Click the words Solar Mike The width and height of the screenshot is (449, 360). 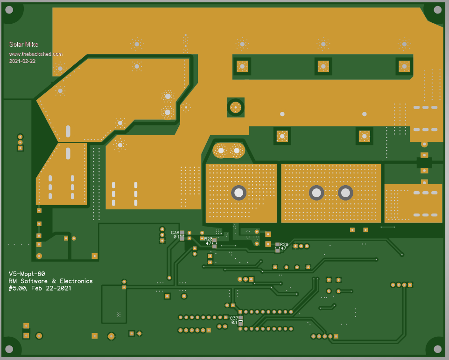pos(24,44)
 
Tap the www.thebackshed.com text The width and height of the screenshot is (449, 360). pos(35,54)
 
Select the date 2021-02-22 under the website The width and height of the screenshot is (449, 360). pos(22,61)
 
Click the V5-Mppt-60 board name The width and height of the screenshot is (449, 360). pos(27,274)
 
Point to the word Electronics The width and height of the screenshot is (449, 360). pos(75,281)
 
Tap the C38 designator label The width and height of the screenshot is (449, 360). pos(175,232)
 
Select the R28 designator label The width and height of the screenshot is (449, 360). pos(208,239)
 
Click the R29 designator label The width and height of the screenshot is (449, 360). pos(284,244)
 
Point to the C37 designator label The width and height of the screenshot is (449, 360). pos(234,318)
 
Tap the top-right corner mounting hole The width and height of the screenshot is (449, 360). pos(437,10)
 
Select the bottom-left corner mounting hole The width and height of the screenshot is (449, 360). pos(10,349)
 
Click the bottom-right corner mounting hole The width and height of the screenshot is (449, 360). pos(437,349)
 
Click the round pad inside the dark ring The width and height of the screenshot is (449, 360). pos(236,108)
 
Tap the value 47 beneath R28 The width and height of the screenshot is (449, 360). pos(209,243)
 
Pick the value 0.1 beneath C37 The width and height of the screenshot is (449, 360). pos(234,322)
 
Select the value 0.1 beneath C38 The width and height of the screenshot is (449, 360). pos(176,237)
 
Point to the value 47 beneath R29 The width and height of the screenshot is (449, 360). pos(283,249)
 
